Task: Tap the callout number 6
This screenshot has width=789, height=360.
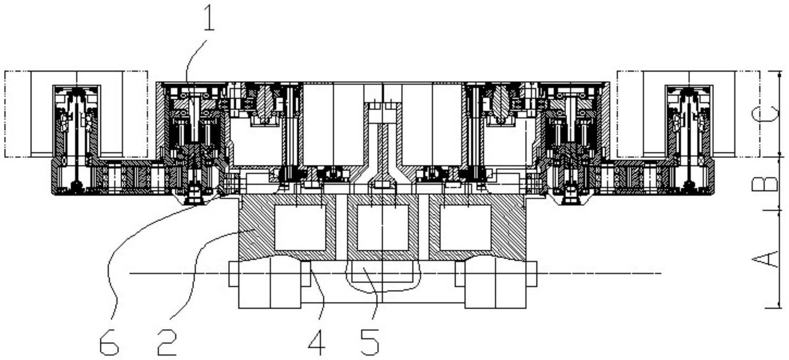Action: (110, 342)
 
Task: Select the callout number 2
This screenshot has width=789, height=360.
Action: (167, 342)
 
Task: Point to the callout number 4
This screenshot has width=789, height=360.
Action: (316, 342)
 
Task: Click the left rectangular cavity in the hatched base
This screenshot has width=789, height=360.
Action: (300, 228)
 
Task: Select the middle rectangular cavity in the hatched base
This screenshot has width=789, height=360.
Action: (383, 228)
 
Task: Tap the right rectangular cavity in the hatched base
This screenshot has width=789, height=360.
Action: (465, 228)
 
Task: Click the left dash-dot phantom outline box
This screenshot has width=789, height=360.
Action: (76, 114)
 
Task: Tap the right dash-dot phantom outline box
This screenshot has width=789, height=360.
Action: (688, 114)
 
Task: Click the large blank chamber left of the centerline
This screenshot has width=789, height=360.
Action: (333, 124)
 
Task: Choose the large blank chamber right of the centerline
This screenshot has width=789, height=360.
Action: (432, 124)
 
